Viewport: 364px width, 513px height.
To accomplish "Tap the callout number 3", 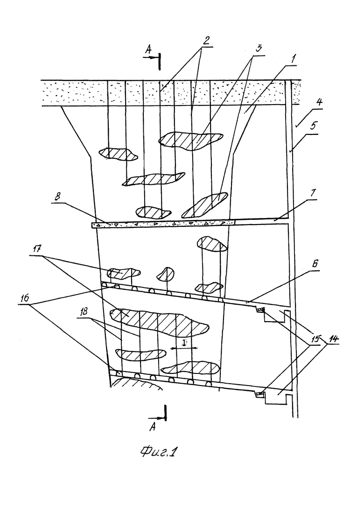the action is point(259,49).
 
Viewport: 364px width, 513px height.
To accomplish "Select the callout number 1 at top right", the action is point(293,59).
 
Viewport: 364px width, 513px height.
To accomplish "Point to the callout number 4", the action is point(319,102).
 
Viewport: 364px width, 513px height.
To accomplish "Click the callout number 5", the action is point(314,126).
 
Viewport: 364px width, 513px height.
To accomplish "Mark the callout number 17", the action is point(37,249).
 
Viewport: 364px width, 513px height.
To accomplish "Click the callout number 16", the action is point(25,298).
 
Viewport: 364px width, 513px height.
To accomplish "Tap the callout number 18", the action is point(84,311).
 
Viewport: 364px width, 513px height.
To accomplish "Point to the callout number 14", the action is point(333,339).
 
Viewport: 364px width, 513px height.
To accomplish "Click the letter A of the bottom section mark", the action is point(153,426).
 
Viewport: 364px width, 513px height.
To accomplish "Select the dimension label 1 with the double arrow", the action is point(184,343).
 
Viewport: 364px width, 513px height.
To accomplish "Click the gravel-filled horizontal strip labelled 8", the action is point(163,225).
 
